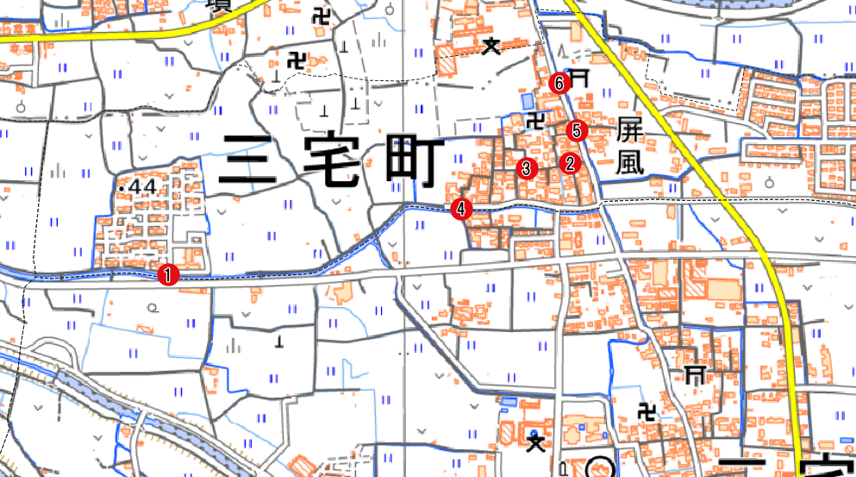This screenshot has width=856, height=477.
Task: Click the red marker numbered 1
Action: (x=168, y=275)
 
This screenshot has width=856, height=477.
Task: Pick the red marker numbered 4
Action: (x=462, y=209)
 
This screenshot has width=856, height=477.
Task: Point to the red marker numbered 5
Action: (x=577, y=131)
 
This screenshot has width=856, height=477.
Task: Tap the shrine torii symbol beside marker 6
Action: (x=579, y=77)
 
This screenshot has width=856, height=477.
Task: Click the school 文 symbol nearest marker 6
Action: (x=491, y=47)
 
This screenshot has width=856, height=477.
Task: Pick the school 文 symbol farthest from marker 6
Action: (x=536, y=443)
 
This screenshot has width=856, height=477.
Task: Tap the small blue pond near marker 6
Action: (x=528, y=100)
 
